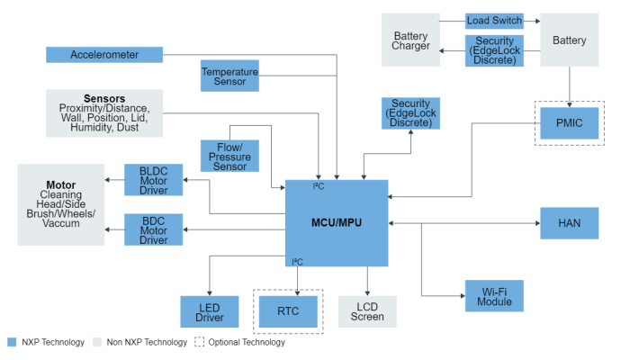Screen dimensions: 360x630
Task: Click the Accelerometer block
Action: (x=104, y=55)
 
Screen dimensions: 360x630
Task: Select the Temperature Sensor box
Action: (x=229, y=76)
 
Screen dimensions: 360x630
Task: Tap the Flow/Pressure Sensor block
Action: (x=229, y=155)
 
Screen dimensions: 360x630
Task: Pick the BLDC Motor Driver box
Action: (x=154, y=180)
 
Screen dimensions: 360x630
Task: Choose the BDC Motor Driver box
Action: (x=154, y=229)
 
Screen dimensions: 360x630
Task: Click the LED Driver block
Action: (x=209, y=310)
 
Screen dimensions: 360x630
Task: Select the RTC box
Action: (x=288, y=311)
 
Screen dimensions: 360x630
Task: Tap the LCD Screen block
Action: (x=367, y=310)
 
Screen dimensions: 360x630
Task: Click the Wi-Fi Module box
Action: (x=494, y=295)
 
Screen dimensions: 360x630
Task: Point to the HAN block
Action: (x=569, y=223)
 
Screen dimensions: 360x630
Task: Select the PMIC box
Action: (x=569, y=122)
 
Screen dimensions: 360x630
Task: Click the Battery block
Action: (x=569, y=40)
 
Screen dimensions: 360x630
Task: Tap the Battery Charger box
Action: (x=410, y=40)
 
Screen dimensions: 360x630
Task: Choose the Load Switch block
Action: (x=494, y=21)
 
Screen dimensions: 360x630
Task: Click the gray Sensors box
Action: (x=104, y=112)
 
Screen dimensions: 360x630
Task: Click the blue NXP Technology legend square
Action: (x=11, y=342)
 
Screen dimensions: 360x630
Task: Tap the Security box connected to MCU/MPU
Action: (x=410, y=113)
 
